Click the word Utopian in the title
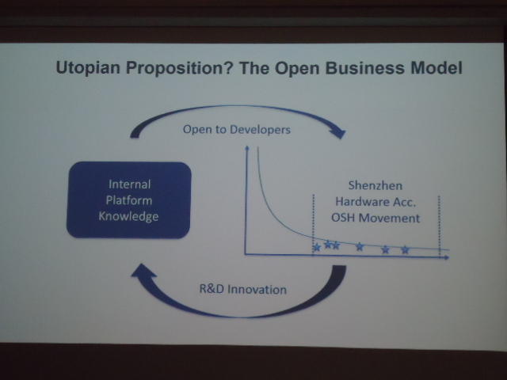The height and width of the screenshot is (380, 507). [x=88, y=68]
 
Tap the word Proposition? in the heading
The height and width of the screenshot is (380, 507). [x=180, y=68]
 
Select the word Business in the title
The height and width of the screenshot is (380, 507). [x=364, y=68]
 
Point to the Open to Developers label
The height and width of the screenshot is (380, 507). [x=237, y=130]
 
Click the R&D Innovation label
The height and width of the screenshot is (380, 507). [x=243, y=289]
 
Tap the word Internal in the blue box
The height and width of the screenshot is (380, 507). [x=130, y=184]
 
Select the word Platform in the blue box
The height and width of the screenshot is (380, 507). [x=128, y=200]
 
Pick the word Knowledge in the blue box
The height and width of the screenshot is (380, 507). [x=128, y=216]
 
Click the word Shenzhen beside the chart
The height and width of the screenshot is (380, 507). [x=375, y=185]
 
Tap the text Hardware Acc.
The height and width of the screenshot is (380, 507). [x=375, y=202]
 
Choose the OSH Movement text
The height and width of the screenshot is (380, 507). [x=375, y=218]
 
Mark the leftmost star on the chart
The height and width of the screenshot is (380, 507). [x=317, y=248]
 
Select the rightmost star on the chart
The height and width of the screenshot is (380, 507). [x=405, y=250]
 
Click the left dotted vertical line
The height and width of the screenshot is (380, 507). [x=313, y=225]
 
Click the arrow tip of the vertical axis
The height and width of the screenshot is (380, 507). [x=247, y=146]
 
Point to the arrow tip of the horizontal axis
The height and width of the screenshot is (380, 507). [x=448, y=257]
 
